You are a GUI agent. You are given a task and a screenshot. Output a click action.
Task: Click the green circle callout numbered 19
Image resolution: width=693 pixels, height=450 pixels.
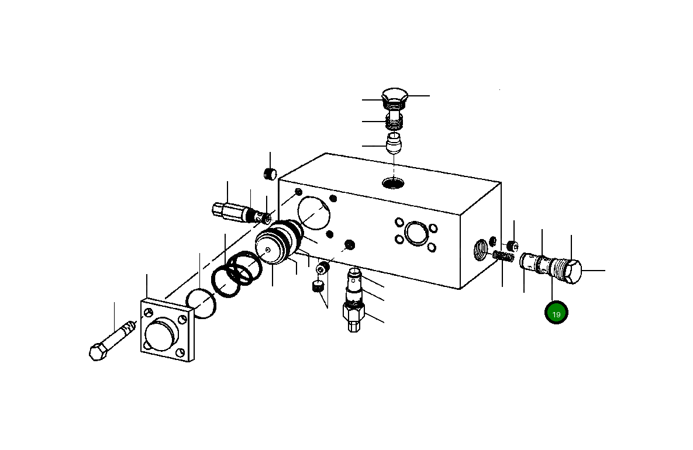point(556,313)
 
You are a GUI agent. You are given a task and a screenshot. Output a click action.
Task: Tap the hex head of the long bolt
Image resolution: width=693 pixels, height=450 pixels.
point(97,352)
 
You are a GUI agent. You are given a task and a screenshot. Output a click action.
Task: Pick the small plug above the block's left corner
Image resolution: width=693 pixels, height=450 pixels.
point(270,174)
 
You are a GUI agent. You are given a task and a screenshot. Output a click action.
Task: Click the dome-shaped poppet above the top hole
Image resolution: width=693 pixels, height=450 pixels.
point(395,143)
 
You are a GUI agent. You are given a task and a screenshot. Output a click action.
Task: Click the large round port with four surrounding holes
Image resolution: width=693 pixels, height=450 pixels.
point(415,231)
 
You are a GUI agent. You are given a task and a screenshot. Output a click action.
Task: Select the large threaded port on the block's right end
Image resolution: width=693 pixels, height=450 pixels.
point(481,252)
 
